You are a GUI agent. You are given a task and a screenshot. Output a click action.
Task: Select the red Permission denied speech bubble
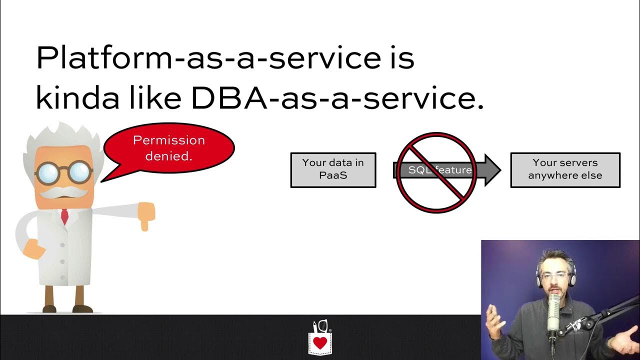click(169, 148)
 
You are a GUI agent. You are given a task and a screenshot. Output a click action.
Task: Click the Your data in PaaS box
click(333, 170)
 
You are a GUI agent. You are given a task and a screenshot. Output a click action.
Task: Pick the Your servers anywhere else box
click(565, 170)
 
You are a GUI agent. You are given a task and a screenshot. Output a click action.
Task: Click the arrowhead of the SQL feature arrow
click(492, 170)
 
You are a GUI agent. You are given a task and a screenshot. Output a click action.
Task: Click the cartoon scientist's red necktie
click(64, 216)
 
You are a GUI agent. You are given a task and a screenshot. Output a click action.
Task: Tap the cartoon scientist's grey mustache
click(63, 191)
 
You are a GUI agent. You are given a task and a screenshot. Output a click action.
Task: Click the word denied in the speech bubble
click(168, 156)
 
